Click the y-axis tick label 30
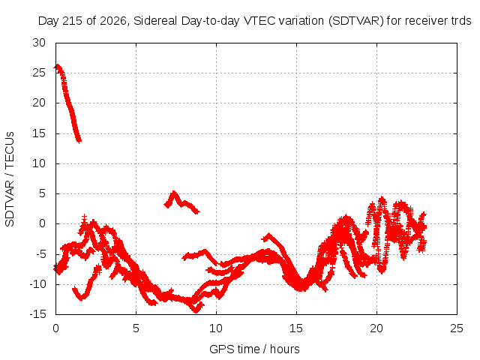tap(39, 43)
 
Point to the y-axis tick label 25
tap(39, 73)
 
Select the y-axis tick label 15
tap(39, 133)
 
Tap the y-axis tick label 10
tap(39, 163)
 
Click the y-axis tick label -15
tap(37, 314)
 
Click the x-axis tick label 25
tap(457, 328)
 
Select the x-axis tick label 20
tap(376, 328)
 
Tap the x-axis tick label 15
tap(296, 328)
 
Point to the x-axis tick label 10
tap(216, 328)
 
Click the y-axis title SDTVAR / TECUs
tap(10, 179)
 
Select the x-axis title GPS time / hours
tap(254, 349)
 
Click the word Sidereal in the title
tap(155, 21)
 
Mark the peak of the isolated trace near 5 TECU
tap(174, 193)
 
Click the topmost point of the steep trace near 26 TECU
tap(57, 66)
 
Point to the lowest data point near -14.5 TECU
tap(196, 310)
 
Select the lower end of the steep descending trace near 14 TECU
tap(79, 141)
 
